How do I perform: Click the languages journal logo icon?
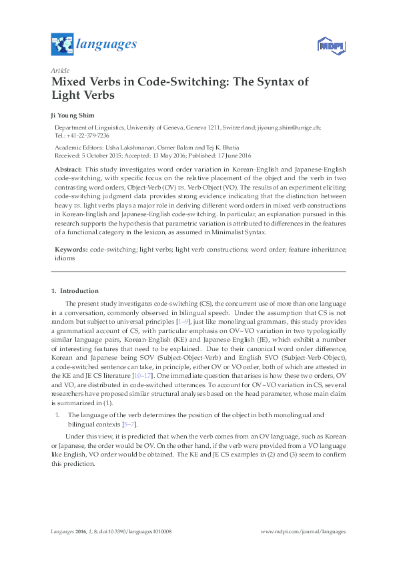61,45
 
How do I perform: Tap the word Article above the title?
60,69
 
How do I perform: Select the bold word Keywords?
71,249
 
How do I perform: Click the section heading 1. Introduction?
75,291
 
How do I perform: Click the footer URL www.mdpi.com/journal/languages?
303,531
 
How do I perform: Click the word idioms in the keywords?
65,257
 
